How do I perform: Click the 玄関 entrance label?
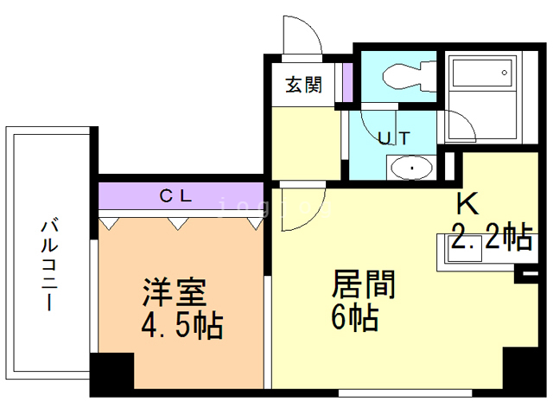pos(304,86)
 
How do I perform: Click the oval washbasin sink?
pos(413,166)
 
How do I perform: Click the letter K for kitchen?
pos(467,204)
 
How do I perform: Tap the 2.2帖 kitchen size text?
pos(490,236)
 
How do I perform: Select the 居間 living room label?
pos(364,284)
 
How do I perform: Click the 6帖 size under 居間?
pos(353,320)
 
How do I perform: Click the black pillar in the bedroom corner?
pos(111,374)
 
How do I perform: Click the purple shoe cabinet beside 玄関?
pos(347,82)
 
